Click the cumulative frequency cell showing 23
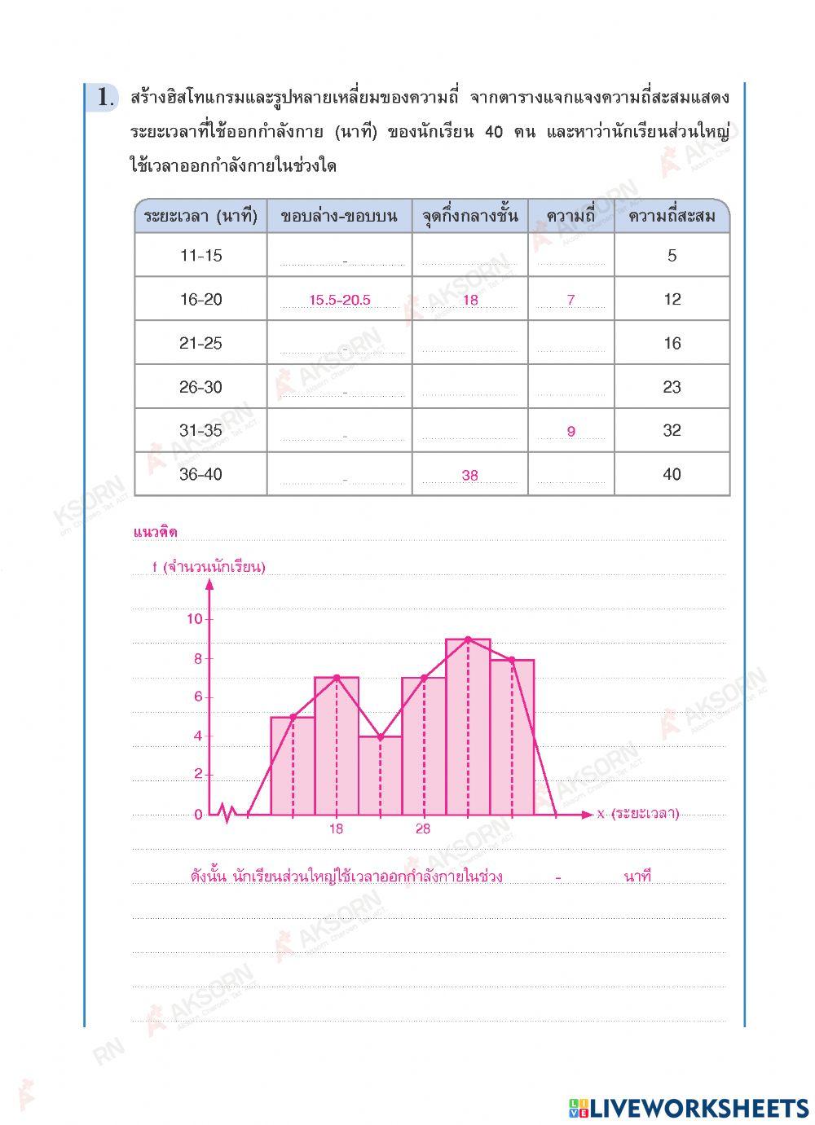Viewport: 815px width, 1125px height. point(672,387)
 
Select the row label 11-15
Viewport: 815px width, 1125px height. point(200,256)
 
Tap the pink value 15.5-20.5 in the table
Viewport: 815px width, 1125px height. point(340,300)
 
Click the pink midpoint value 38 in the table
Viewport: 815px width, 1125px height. point(469,476)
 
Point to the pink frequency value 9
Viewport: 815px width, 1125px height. point(570,432)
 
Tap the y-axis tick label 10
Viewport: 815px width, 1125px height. point(194,619)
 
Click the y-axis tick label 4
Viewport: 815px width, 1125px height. point(197,736)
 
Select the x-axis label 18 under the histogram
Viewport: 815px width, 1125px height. point(337,829)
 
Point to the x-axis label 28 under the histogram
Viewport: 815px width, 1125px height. point(423,829)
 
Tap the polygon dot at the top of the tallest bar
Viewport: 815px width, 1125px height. point(468,639)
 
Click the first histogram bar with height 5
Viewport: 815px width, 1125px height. point(293,766)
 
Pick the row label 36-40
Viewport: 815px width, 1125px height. point(200,474)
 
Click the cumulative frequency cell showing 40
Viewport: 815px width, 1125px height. point(672,474)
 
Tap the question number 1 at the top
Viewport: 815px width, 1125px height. point(104,98)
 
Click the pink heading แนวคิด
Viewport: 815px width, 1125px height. point(155,533)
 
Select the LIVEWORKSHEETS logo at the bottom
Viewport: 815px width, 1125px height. point(689,1107)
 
